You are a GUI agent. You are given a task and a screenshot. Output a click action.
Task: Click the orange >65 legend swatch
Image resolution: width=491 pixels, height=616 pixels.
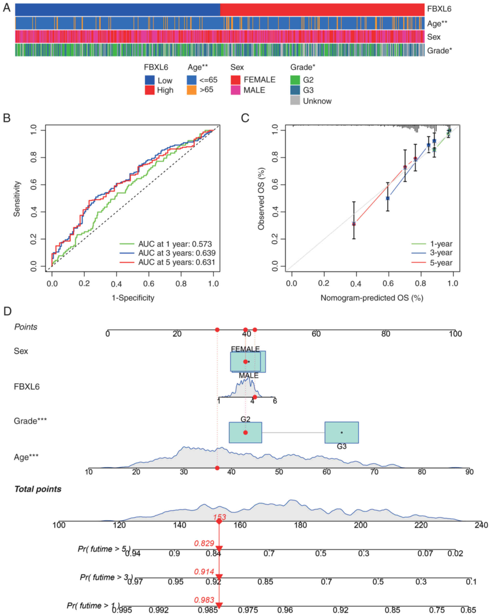click(191, 90)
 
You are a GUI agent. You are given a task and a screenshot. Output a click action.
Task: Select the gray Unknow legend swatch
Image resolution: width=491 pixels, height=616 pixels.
click(295, 101)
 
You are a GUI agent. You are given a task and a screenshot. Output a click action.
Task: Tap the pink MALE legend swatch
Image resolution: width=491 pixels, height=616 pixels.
click(235, 90)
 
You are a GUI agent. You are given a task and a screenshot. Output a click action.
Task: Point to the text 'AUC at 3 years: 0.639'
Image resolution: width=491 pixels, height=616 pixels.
click(177, 253)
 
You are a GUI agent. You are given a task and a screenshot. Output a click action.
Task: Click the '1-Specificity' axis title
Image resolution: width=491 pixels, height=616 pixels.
click(133, 298)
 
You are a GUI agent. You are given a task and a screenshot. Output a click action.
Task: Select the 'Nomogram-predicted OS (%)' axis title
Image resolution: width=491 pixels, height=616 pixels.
click(372, 298)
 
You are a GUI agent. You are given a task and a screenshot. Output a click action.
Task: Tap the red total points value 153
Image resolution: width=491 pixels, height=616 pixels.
click(219, 517)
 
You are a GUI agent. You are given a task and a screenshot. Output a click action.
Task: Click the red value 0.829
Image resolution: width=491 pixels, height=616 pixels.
click(204, 543)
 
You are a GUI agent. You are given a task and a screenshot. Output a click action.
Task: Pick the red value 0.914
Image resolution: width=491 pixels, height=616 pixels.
click(204, 572)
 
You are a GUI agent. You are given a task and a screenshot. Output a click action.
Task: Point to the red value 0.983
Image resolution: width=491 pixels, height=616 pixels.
click(204, 600)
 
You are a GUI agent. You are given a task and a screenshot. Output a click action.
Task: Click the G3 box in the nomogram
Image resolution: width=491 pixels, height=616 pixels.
click(341, 433)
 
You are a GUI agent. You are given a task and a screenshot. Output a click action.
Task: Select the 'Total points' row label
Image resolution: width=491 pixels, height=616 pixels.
click(38, 489)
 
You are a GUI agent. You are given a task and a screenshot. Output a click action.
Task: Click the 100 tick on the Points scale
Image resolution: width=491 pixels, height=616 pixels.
click(455, 334)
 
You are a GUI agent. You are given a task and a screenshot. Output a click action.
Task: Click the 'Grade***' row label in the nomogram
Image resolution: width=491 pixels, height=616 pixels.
click(30, 421)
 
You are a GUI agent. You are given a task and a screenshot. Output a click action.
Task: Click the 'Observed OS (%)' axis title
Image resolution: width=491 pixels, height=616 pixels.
click(261, 198)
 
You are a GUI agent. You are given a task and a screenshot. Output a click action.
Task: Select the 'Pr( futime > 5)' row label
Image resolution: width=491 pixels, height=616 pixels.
click(104, 549)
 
